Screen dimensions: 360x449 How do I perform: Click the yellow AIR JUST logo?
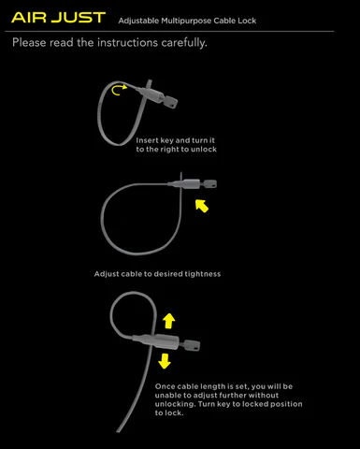pyautogui.click(x=58, y=18)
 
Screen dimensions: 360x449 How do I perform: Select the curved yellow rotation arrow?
pyautogui.click(x=119, y=90)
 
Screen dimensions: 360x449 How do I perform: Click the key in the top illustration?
pyautogui.click(x=169, y=101)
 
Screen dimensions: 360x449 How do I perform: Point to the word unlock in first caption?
pyautogui.click(x=204, y=150)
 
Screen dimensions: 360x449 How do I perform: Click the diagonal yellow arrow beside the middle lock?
pyautogui.click(x=202, y=206)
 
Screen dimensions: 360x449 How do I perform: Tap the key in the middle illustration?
pyautogui.click(x=209, y=184)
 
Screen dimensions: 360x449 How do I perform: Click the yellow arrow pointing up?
pyautogui.click(x=168, y=321)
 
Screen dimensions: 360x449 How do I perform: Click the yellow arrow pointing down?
pyautogui.click(x=165, y=361)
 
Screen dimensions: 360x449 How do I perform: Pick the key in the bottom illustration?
pyautogui.click(x=190, y=345)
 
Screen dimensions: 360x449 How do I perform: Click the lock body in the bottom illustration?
pyautogui.click(x=156, y=341)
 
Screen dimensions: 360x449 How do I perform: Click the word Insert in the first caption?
pyautogui.click(x=147, y=140)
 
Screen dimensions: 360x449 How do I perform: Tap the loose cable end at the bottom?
pyautogui.click(x=118, y=431)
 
